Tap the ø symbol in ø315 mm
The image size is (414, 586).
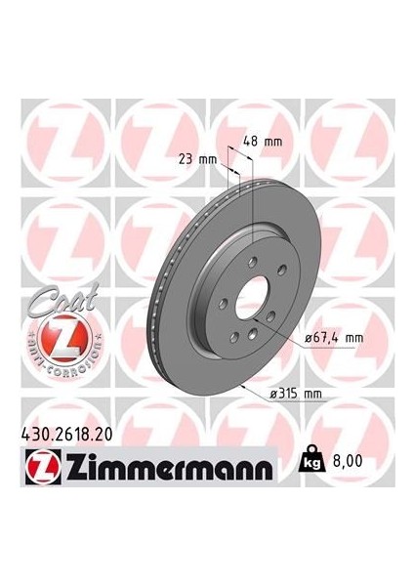coord(272,393)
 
